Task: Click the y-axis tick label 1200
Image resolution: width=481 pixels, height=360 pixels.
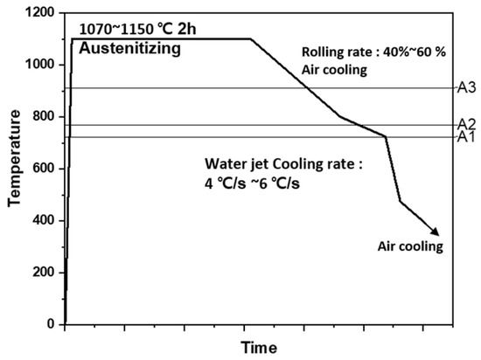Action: (41, 13)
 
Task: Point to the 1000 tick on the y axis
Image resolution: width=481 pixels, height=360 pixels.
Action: (41, 65)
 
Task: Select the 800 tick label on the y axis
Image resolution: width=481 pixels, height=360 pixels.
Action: (45, 116)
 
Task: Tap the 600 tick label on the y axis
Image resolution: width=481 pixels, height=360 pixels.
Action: (45, 169)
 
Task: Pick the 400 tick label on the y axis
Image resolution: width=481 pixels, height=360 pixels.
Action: (45, 220)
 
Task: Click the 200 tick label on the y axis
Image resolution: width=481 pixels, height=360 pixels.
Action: (45, 272)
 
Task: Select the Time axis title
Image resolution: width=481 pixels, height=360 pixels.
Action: (261, 347)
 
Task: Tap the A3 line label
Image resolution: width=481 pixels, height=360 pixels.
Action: (467, 87)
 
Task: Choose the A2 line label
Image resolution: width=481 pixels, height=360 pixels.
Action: (467, 124)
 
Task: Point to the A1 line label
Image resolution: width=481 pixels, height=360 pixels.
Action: (467, 137)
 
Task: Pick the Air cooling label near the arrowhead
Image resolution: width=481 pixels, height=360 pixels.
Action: (411, 246)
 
